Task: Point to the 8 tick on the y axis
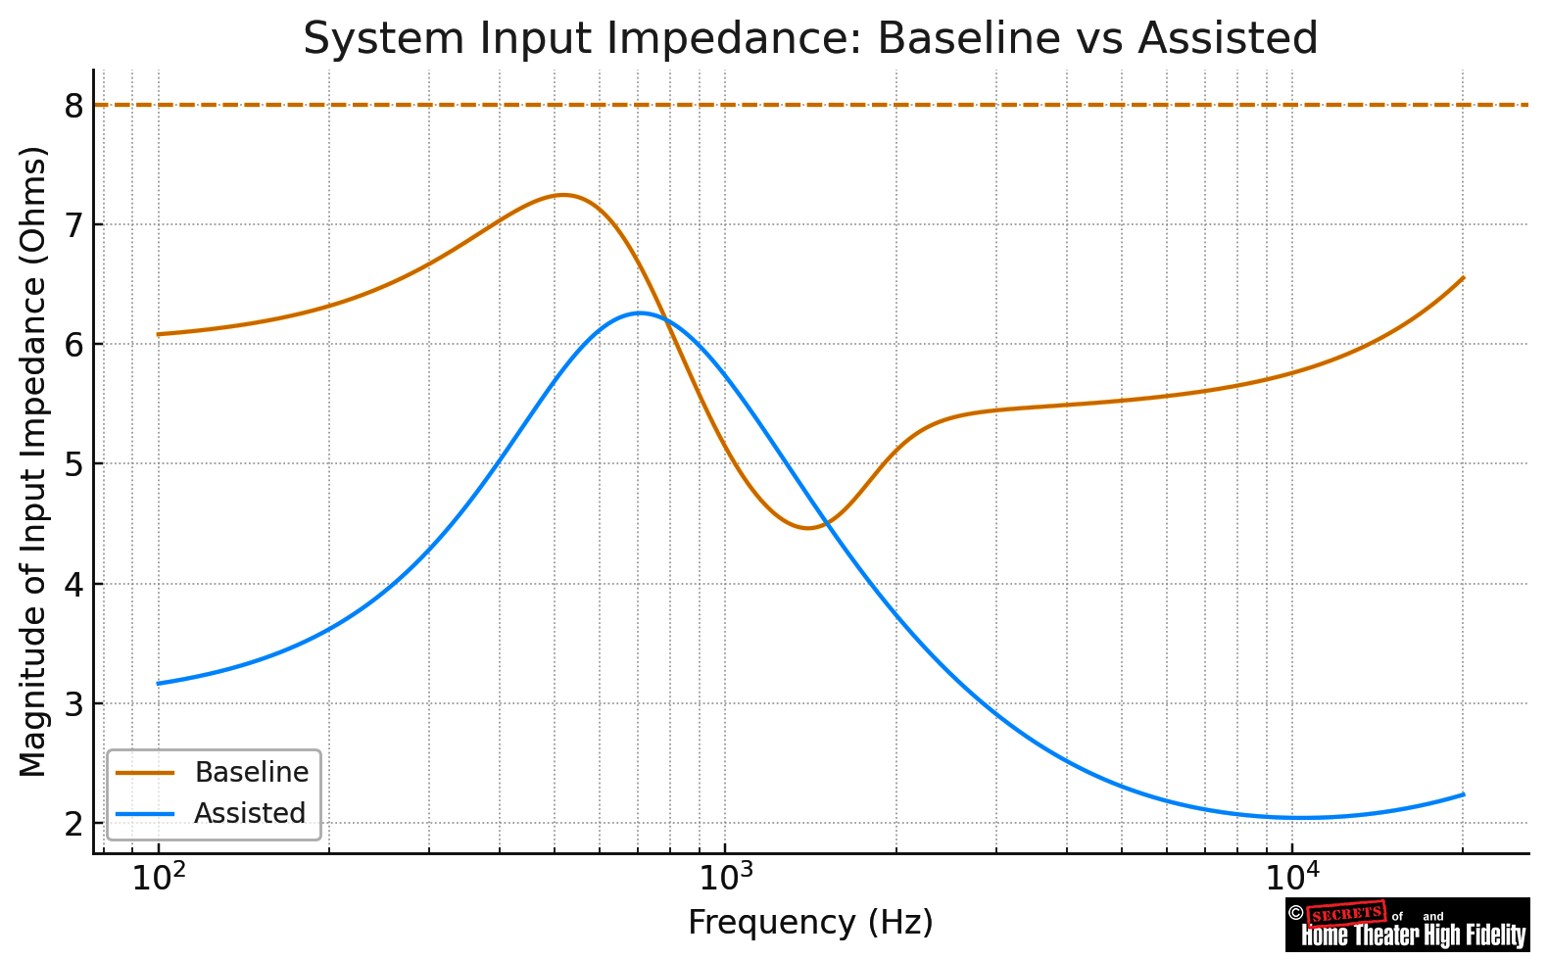74,106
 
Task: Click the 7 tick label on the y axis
74,225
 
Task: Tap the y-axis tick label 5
74,464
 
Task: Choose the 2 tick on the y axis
74,824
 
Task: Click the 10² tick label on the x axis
159,879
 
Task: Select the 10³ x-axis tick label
725,879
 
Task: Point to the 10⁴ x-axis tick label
1291,879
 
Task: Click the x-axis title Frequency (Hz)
810,923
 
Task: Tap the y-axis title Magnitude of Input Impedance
33,460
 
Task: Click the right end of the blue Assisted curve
1463,794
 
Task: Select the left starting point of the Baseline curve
159,334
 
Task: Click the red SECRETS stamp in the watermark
1347,914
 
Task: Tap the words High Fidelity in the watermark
1475,936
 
